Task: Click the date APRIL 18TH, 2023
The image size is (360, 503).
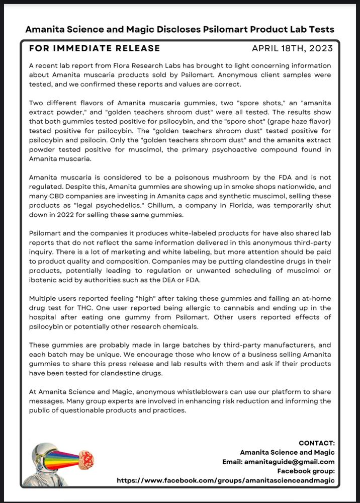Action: coord(292,48)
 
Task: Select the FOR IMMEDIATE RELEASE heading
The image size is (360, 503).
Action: coord(95,48)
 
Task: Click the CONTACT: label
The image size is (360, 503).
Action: coord(316,443)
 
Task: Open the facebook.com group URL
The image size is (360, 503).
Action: coord(225,480)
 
